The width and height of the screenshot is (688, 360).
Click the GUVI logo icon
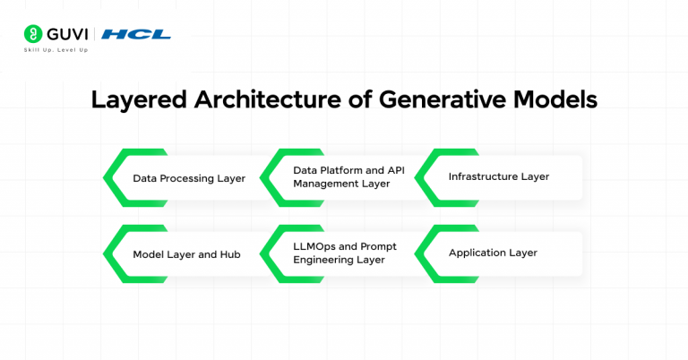point(32,34)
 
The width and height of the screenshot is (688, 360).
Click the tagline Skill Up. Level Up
point(56,50)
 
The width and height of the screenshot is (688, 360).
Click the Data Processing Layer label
point(188,178)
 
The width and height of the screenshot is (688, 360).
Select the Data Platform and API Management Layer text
point(341,176)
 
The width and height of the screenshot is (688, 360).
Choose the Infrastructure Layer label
point(498,177)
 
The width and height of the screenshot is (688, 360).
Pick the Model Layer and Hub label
point(186,254)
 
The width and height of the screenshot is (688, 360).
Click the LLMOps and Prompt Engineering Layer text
point(344,253)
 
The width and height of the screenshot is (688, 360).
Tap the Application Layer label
point(493,253)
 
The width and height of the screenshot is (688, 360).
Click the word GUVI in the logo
point(67,34)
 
